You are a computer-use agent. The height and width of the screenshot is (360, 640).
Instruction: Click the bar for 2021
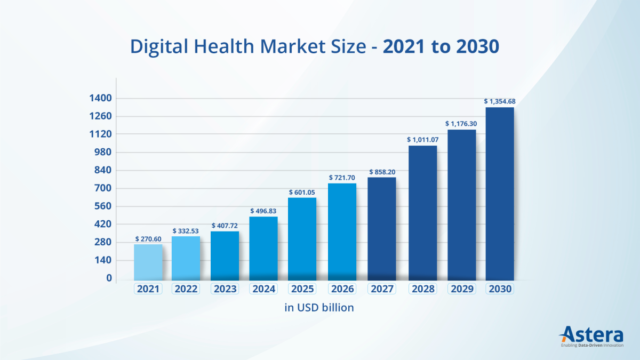148,262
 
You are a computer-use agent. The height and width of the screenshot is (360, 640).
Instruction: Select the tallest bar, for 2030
500,194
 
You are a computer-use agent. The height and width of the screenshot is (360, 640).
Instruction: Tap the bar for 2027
382,229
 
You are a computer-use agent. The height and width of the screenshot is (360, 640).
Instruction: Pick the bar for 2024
263,248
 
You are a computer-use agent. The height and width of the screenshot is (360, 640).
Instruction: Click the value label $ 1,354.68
500,101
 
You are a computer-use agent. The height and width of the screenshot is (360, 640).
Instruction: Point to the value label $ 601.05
302,192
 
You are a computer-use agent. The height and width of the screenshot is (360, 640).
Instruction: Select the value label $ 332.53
186,230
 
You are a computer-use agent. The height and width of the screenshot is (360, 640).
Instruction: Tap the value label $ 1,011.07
423,140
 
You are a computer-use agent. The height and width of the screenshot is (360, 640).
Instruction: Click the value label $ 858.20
382,172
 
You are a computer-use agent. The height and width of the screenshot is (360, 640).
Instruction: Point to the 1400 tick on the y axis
101,98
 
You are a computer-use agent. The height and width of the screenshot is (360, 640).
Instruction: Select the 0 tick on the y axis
109,278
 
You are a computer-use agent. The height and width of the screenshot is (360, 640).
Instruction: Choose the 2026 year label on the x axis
342,289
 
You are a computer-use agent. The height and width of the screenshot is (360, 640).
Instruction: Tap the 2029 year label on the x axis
461,289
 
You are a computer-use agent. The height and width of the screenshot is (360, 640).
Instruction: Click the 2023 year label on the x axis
225,289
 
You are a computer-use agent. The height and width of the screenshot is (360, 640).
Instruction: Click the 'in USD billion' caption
319,308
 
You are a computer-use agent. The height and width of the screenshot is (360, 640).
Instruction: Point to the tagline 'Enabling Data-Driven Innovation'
591,346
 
